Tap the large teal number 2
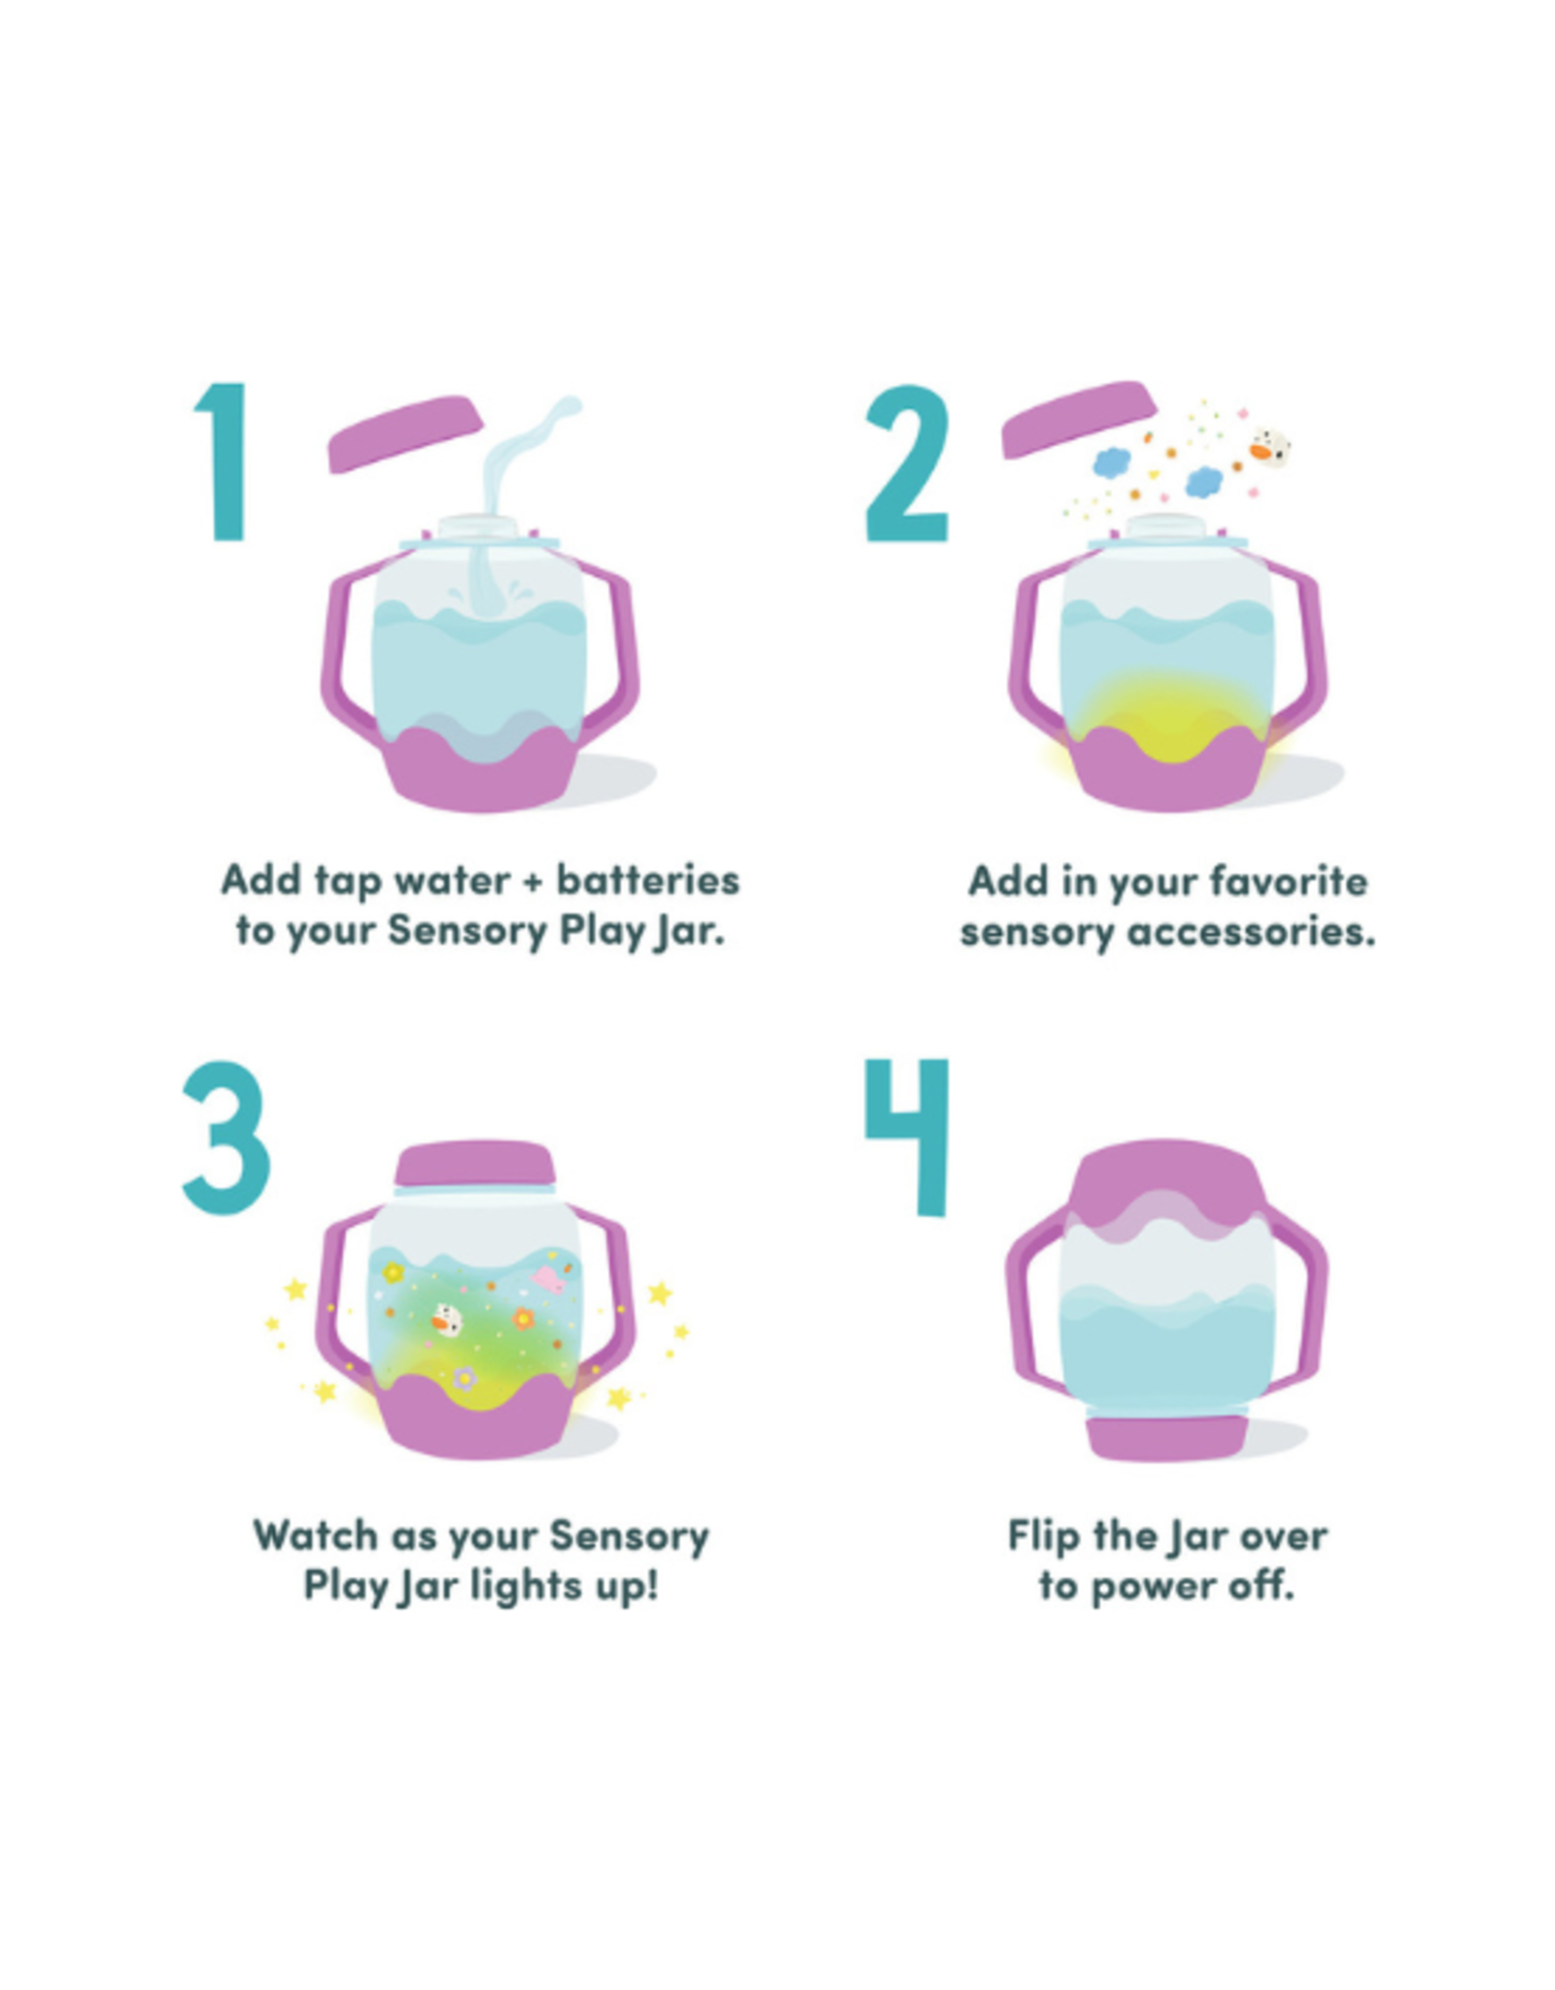(906, 463)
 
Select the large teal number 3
(225, 1137)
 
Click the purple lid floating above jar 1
(404, 432)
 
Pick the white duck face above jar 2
(1269, 447)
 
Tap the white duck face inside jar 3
(446, 1320)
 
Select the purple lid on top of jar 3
(475, 1163)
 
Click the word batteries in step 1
(647, 880)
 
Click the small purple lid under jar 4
(1166, 1438)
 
